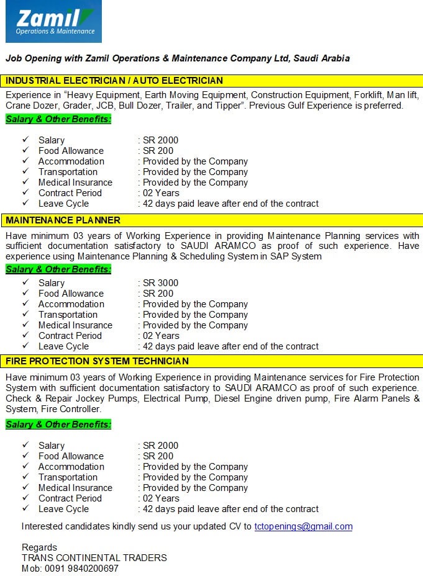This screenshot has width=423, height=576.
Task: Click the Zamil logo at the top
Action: (53, 22)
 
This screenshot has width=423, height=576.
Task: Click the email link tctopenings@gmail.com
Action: (303, 526)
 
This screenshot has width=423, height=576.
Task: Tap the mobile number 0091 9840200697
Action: (80, 568)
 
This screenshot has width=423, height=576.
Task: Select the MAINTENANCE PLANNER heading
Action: (63, 220)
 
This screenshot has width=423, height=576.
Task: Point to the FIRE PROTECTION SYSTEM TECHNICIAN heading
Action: (98, 361)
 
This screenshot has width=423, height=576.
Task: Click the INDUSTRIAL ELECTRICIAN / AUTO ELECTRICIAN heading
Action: (114, 81)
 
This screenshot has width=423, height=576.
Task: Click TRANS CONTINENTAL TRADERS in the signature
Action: (94, 557)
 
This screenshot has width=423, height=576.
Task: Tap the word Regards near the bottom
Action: (39, 547)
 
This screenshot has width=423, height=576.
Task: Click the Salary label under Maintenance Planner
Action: (52, 283)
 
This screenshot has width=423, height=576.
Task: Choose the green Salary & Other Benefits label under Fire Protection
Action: (58, 425)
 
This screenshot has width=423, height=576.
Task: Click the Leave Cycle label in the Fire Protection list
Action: (63, 509)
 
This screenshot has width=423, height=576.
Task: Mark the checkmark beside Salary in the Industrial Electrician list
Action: (25, 140)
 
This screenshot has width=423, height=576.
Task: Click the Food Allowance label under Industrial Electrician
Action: (71, 151)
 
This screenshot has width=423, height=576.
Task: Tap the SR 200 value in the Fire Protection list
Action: (158, 456)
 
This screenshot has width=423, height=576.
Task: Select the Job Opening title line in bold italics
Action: (178, 58)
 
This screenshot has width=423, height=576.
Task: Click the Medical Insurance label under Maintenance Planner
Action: (75, 325)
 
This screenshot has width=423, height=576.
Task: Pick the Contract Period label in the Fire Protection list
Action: (70, 498)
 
